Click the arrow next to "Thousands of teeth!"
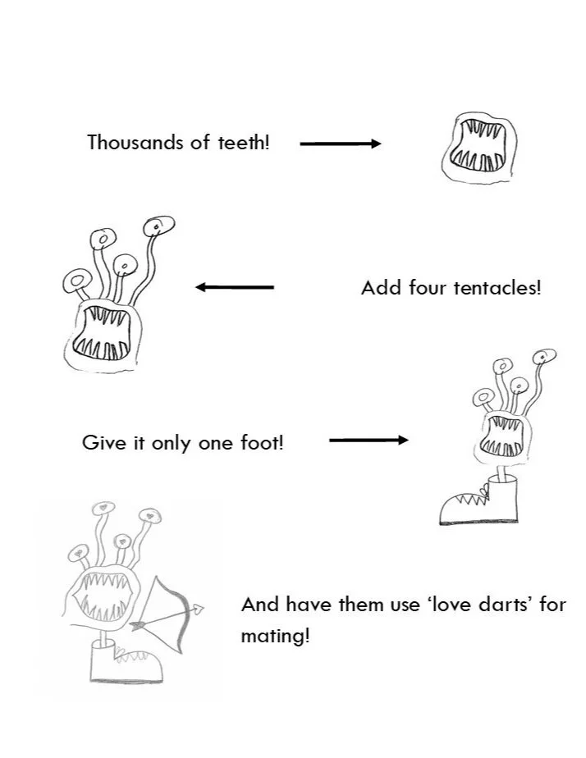click(x=341, y=144)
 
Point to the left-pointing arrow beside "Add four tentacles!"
click(x=235, y=287)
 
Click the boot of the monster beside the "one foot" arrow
click(x=480, y=502)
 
